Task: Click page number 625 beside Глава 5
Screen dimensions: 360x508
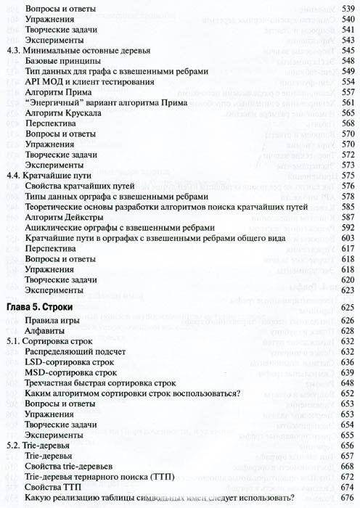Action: (x=345, y=308)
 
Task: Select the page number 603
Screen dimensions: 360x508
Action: (x=345, y=237)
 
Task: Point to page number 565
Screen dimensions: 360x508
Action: (x=345, y=113)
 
